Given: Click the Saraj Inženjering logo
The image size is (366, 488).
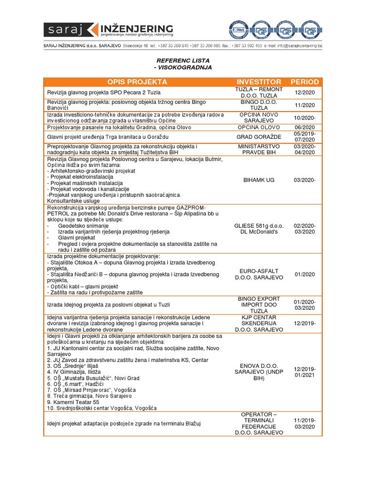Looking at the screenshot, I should tap(108, 30).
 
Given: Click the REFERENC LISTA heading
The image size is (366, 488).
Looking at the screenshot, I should tap(183, 61).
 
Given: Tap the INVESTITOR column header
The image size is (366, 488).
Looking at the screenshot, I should tap(259, 82).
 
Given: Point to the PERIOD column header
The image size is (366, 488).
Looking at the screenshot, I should tap(305, 82).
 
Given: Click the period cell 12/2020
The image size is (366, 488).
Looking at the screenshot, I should tap(305, 92).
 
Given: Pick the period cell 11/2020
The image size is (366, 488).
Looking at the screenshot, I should tap(305, 105).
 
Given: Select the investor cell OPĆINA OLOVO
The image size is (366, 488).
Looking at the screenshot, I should tap(259, 127).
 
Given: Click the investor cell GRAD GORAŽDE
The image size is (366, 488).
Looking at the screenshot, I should tap(259, 137).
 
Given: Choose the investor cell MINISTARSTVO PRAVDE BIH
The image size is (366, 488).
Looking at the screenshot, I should tap(259, 149).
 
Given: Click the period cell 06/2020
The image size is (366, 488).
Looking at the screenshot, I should tap(305, 127).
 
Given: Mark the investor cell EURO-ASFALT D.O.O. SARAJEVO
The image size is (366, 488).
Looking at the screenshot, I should tap(259, 274).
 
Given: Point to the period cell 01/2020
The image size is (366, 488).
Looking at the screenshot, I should tap(305, 274).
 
